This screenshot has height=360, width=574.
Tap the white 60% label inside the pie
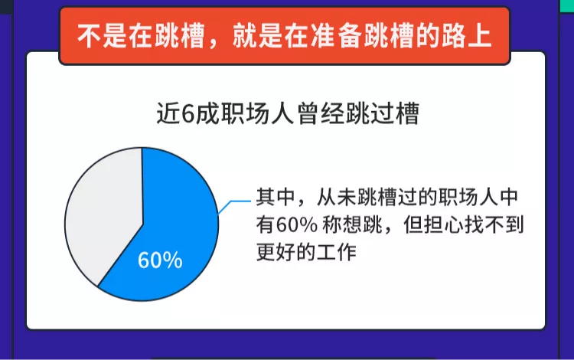(x=160, y=260)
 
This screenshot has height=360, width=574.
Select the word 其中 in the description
(x=274, y=198)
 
